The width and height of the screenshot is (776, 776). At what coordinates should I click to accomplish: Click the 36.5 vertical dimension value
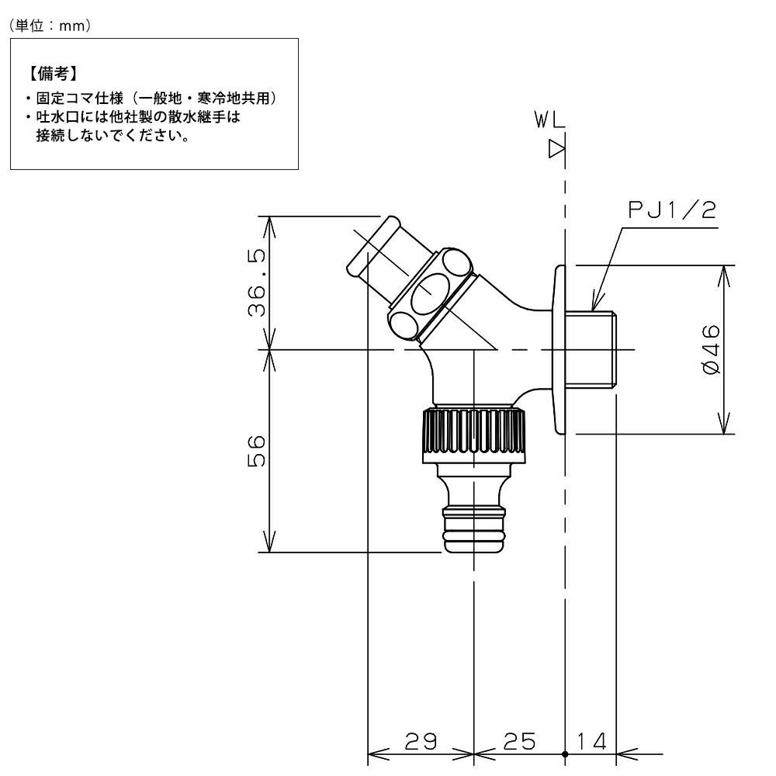257,282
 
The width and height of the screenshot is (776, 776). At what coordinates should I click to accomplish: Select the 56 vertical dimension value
257,452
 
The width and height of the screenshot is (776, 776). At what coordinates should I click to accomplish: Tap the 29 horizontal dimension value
421,741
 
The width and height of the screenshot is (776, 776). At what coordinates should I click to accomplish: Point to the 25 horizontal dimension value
520,741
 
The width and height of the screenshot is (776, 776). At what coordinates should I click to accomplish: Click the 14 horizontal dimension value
592,741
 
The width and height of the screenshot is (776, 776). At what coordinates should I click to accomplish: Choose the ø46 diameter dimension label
711,350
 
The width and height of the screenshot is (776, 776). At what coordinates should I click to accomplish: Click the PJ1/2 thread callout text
672,210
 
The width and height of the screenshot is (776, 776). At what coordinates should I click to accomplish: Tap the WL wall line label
550,120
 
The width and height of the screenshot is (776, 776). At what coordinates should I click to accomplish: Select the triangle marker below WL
557,149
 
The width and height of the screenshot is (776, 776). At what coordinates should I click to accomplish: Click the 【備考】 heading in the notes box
52,74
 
